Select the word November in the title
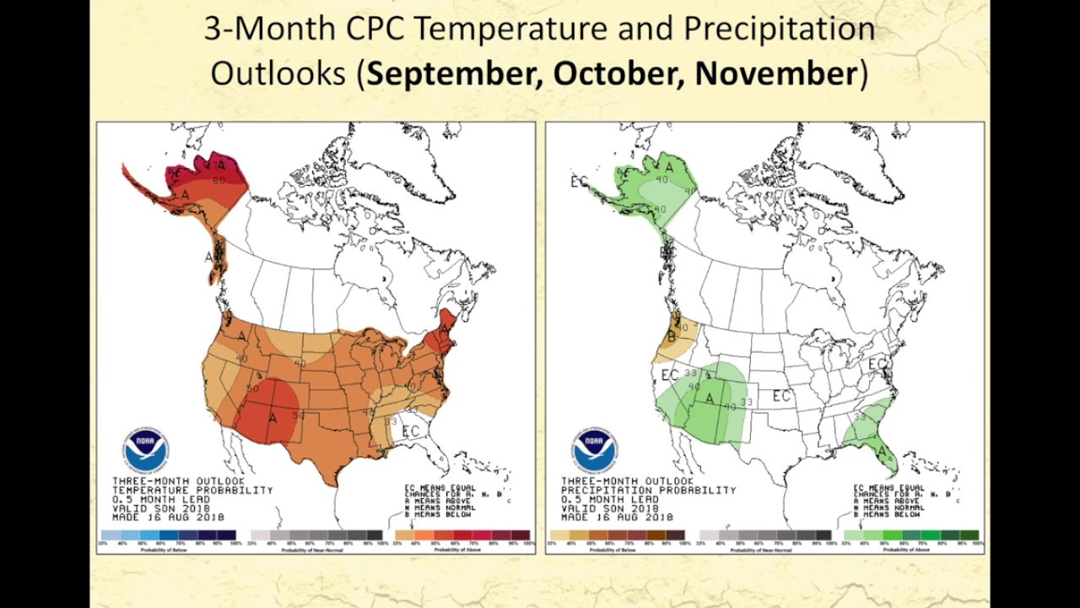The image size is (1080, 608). coord(776,73)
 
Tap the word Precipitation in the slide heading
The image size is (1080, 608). coord(778,30)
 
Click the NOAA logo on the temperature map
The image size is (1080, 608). coord(145,450)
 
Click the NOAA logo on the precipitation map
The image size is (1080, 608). coord(594,450)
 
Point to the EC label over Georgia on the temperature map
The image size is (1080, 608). coord(410,432)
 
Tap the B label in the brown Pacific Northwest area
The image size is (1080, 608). coord(672,339)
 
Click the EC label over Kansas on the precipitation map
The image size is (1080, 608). coord(781,395)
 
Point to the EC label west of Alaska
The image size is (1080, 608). coord(579,181)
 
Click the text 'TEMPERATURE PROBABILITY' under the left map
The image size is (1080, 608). coord(192,490)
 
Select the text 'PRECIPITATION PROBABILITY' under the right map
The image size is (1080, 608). coord(648,490)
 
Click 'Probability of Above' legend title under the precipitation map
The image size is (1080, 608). coord(910,550)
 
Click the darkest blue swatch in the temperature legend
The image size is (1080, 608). coord(227,535)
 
